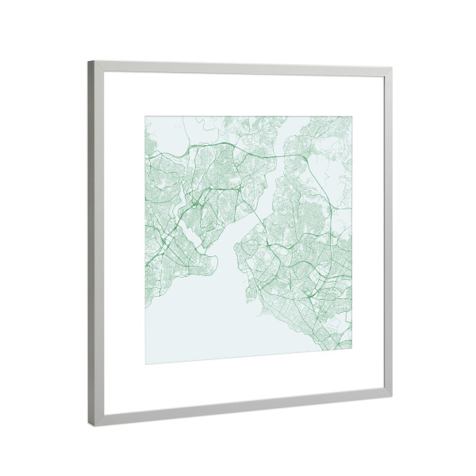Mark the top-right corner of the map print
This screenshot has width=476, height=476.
click(x=352, y=120)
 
